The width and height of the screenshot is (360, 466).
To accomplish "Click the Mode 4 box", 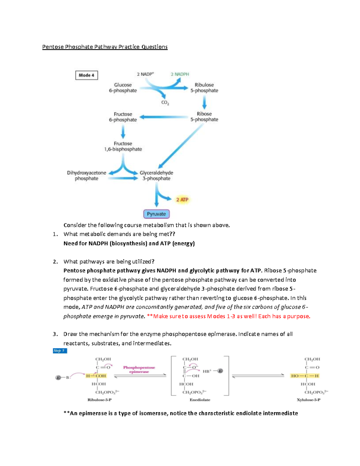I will [x=86, y=75].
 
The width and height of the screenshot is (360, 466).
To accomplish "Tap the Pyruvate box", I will [x=156, y=214].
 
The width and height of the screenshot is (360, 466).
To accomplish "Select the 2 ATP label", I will [x=182, y=200].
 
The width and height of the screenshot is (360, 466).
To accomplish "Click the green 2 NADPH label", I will [x=180, y=74].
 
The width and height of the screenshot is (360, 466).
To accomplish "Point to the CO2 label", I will [x=165, y=103].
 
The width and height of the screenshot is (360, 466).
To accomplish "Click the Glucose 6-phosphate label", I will [x=123, y=88].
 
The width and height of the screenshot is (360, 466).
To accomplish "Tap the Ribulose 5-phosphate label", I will [x=204, y=88].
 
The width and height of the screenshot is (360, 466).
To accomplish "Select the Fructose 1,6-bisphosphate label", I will [x=123, y=146].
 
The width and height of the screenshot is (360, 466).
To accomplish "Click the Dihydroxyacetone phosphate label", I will [x=86, y=176].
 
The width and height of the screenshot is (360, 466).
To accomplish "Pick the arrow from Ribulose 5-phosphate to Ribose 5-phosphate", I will [x=204, y=103].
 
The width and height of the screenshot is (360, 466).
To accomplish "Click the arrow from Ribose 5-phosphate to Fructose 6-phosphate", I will [x=163, y=117].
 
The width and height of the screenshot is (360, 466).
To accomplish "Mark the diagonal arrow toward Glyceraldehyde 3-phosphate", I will [x=181, y=146].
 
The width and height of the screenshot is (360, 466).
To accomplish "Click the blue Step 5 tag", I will [x=60, y=350].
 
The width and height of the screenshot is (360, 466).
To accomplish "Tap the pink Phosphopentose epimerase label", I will [x=139, y=369].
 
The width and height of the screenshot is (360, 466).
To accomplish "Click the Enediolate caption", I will [x=200, y=400].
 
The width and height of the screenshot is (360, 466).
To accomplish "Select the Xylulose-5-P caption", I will [x=308, y=400].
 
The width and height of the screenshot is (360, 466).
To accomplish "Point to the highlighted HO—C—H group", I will [x=305, y=376].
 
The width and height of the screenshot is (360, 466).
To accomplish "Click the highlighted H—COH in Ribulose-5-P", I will [x=96, y=376].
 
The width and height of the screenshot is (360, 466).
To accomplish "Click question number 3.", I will [x=55, y=334].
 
